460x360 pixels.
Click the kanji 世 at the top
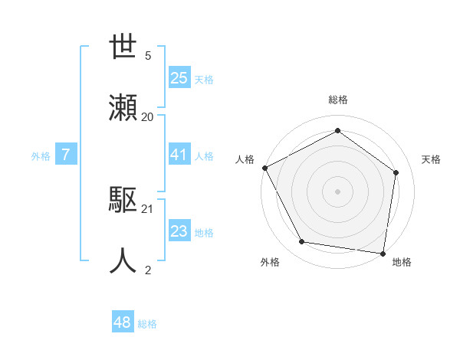point(123,47)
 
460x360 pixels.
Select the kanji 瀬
point(123,107)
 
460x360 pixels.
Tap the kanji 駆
point(123,201)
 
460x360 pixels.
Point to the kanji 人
point(123,260)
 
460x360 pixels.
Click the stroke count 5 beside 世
point(148,55)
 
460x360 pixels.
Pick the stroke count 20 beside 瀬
point(148,116)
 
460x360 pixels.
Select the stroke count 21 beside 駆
point(148,208)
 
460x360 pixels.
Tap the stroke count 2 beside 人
point(148,270)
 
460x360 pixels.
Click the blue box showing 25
point(179,78)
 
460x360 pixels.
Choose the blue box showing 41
point(179,155)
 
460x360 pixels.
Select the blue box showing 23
point(179,232)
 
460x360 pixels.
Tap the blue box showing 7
point(66,155)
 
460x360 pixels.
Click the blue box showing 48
point(123,322)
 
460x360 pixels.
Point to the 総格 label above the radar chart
point(338,100)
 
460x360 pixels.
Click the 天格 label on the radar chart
point(431,159)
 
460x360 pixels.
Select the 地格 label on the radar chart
point(402,263)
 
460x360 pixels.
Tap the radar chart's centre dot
point(337,191)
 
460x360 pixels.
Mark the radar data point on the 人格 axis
point(264,167)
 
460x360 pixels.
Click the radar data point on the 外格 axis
point(301,242)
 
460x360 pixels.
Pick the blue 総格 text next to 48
point(147,324)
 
